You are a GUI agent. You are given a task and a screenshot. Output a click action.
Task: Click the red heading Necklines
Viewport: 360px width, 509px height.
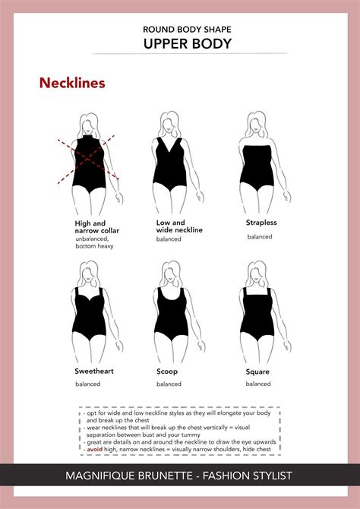[72, 83]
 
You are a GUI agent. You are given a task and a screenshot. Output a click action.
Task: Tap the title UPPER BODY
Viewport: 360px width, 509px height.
[188, 44]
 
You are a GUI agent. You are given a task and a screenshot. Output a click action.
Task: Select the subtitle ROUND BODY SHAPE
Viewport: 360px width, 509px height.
[188, 30]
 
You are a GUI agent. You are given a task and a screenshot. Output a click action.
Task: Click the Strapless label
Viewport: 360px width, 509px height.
[261, 223]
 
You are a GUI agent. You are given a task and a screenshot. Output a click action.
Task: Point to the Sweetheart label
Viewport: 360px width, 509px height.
[94, 371]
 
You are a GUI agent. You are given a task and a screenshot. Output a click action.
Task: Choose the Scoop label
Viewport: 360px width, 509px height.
[167, 371]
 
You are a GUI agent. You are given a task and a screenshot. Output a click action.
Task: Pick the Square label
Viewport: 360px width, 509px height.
[257, 372]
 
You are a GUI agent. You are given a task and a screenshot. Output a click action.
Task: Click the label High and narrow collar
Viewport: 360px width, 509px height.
[96, 227]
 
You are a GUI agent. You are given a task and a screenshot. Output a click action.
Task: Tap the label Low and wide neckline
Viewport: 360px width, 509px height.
[179, 226]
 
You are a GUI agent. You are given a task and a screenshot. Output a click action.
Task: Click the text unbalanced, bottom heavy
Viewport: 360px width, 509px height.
[94, 242]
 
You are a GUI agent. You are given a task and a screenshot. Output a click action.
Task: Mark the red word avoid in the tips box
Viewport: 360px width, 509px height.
[94, 450]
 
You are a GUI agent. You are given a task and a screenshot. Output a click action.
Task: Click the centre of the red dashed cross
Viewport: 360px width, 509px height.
[88, 159]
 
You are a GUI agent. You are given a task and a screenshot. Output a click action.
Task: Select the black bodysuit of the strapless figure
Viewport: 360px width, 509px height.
[257, 167]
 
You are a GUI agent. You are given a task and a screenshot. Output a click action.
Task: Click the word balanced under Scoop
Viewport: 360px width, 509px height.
[169, 384]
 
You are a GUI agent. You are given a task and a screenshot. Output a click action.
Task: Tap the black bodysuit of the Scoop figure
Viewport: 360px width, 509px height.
[171, 315]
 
